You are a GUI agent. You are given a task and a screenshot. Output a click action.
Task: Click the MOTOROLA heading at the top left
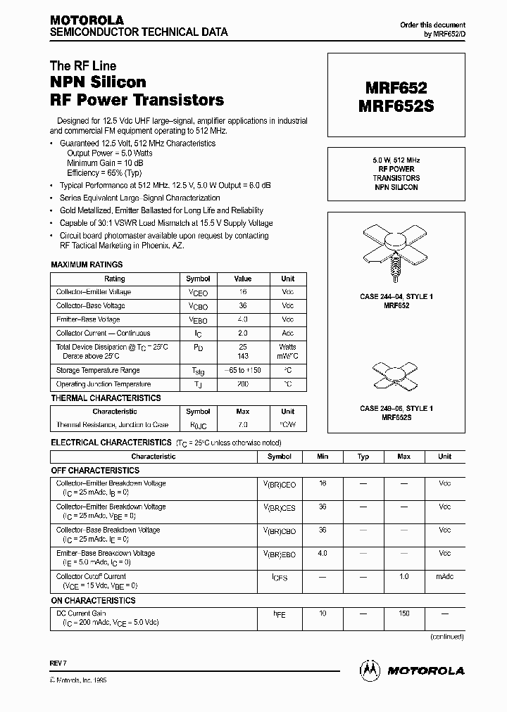click(87, 20)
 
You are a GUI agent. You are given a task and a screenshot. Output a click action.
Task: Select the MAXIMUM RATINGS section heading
click(87, 265)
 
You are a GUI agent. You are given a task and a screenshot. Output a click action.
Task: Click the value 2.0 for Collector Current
click(242, 333)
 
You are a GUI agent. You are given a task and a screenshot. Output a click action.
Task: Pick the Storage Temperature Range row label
click(98, 370)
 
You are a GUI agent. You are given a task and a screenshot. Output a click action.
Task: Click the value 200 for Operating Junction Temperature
click(242, 384)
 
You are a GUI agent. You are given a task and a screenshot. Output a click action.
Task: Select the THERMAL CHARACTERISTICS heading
click(106, 398)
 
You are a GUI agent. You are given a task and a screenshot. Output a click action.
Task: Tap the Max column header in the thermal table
click(242, 412)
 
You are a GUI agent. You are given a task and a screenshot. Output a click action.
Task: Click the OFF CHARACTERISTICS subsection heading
click(95, 470)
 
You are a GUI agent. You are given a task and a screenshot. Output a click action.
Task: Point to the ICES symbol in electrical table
click(280, 577)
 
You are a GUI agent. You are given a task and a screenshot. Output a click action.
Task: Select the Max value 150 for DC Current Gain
click(403, 614)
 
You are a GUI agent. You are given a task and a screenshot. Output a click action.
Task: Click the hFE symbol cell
click(280, 614)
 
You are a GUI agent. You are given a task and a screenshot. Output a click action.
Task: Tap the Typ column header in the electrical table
click(363, 457)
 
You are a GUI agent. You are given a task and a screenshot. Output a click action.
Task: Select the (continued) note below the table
click(447, 636)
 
